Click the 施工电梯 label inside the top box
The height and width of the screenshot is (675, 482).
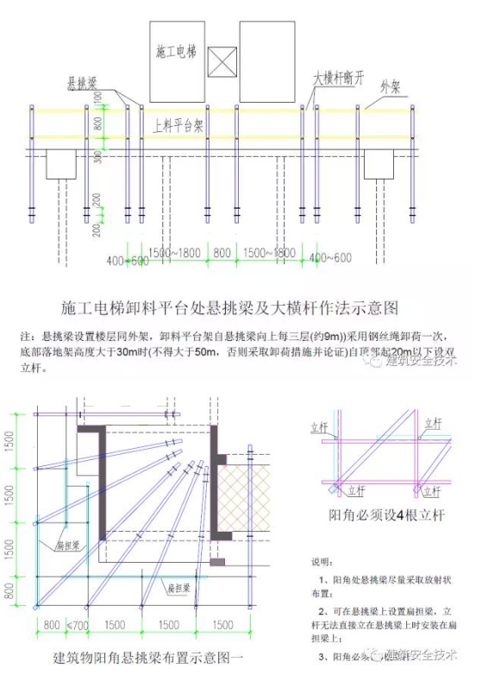177,52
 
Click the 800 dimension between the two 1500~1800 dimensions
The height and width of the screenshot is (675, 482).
222,252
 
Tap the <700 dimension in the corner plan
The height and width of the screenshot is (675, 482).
77,623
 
